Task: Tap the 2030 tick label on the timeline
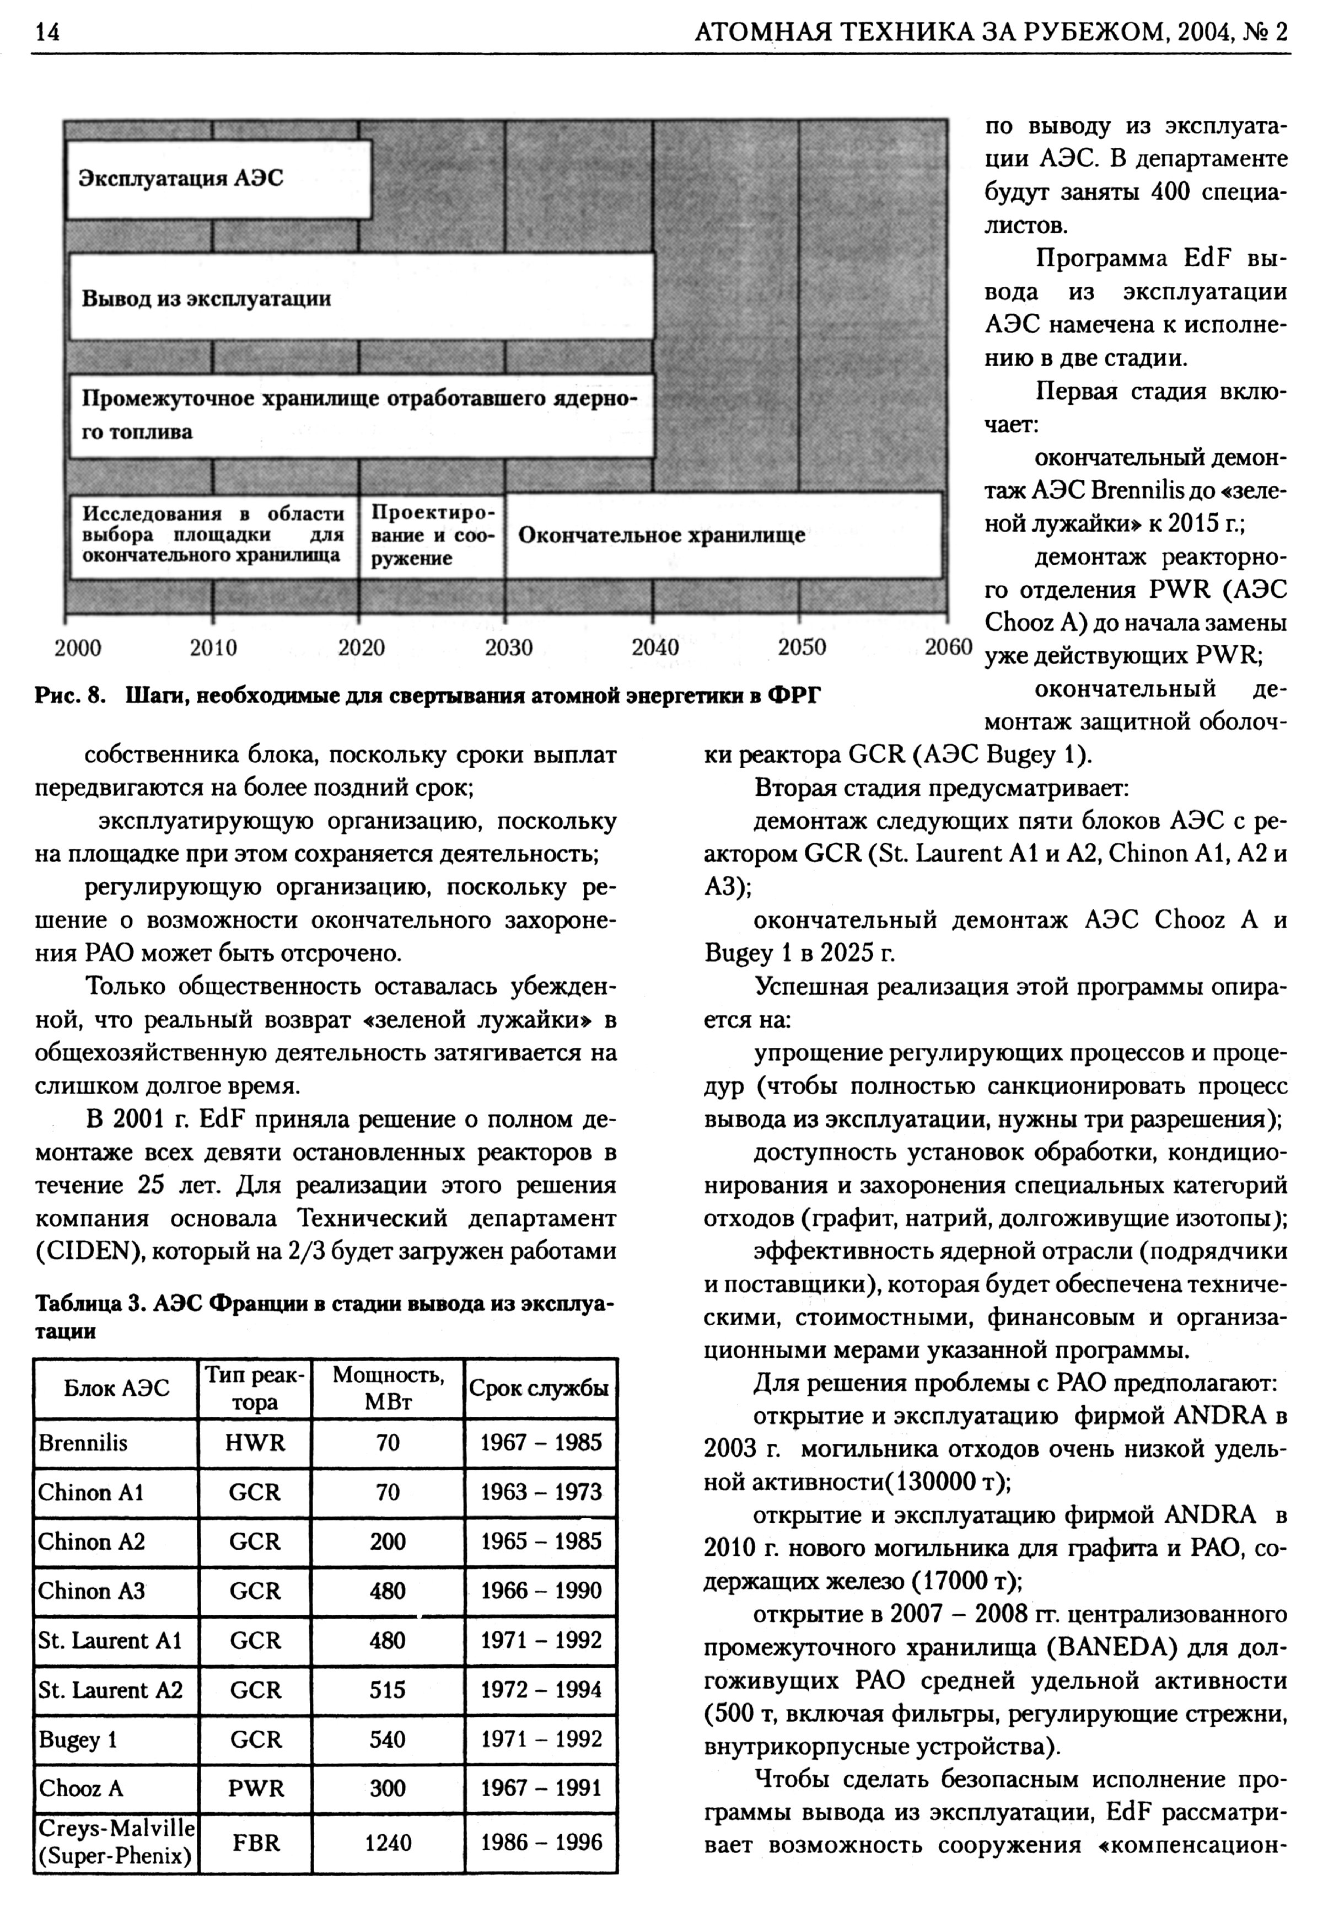pos(508,648)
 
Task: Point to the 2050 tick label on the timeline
pos(802,648)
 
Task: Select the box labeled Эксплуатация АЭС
pos(218,179)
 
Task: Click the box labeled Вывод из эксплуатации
pos(361,298)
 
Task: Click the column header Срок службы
pos(540,1389)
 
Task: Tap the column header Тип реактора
pos(255,1389)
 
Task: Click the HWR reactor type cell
pos(255,1443)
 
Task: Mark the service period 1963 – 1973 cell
pos(541,1492)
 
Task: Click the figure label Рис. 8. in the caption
pos(71,695)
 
